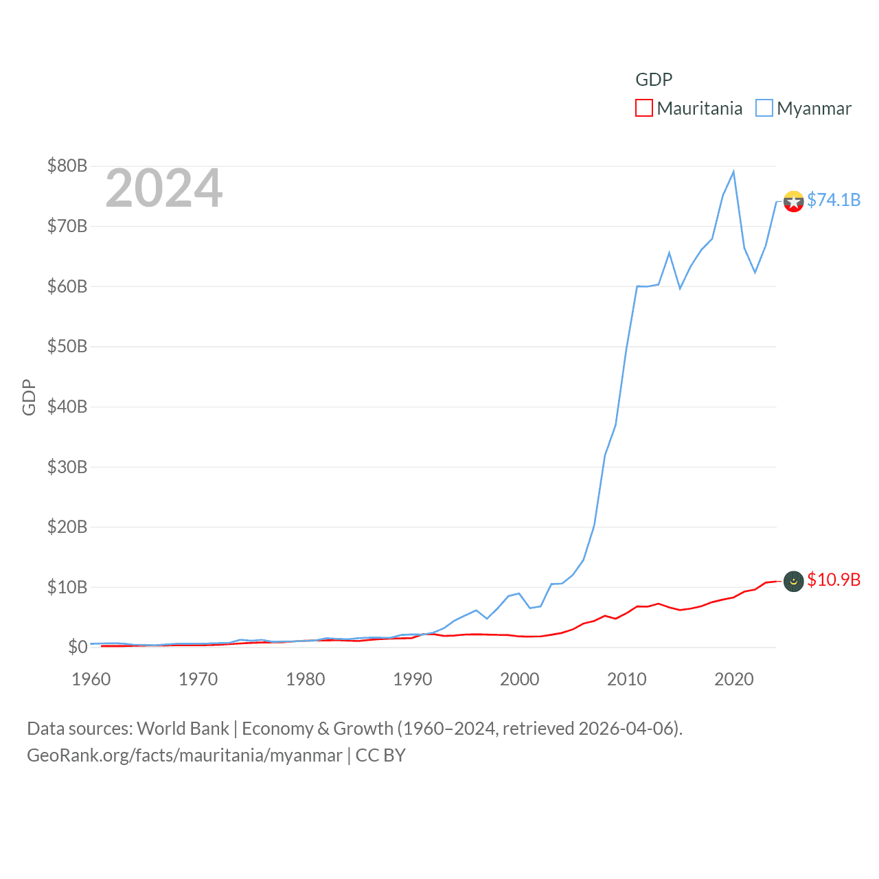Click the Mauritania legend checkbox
(643, 109)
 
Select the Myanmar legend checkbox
(764, 109)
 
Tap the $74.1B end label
(834, 200)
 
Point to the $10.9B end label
(834, 580)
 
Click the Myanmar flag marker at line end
(793, 202)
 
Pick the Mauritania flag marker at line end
(793, 581)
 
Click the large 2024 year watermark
(163, 188)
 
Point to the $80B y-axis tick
(67, 165)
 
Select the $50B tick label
(67, 346)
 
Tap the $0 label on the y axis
(78, 647)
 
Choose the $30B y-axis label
(67, 467)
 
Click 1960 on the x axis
(91, 679)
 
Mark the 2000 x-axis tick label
(520, 679)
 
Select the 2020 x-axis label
(734, 679)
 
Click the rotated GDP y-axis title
(29, 397)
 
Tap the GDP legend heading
(654, 80)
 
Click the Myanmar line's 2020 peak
(733, 172)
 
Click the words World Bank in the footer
(183, 729)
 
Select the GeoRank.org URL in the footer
(184, 755)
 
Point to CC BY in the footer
(380, 755)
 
